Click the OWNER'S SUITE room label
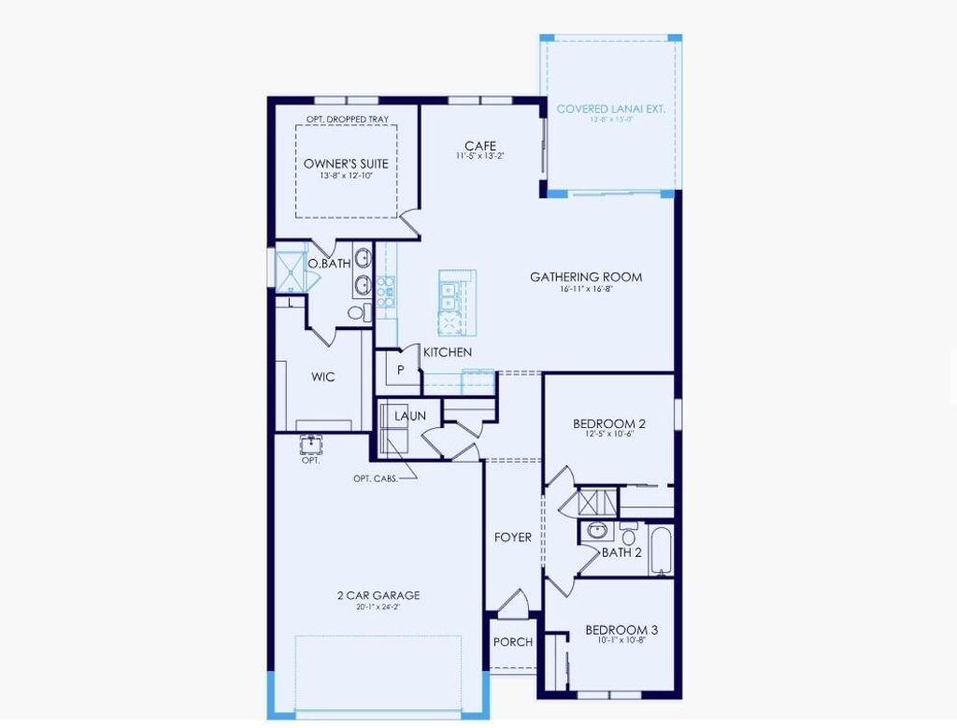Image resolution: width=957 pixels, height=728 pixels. pyautogui.click(x=346, y=164)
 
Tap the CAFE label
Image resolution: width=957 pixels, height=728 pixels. pyautogui.click(x=480, y=146)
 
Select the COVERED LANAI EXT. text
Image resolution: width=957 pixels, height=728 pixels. pyautogui.click(x=610, y=108)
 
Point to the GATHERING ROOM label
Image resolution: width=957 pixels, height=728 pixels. pyautogui.click(x=586, y=277)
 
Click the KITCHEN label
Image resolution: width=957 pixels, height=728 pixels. pyautogui.click(x=448, y=352)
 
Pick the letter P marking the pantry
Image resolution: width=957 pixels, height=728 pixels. pyautogui.click(x=400, y=370)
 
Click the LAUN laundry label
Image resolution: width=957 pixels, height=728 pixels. pyautogui.click(x=409, y=415)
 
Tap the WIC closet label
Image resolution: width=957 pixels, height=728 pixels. pyautogui.click(x=323, y=377)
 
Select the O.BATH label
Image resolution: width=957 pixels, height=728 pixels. pyautogui.click(x=329, y=264)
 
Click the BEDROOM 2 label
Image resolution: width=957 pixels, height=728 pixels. pyautogui.click(x=609, y=423)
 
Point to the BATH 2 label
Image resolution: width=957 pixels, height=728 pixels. pyautogui.click(x=621, y=552)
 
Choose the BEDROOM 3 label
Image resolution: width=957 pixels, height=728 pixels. pyautogui.click(x=621, y=630)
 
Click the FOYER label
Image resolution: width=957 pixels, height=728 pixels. pyautogui.click(x=513, y=537)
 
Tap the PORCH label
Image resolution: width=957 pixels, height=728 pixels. pyautogui.click(x=513, y=642)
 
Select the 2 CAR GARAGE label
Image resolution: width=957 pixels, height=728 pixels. pyautogui.click(x=379, y=595)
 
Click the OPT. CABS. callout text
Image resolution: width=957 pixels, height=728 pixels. pyautogui.click(x=375, y=478)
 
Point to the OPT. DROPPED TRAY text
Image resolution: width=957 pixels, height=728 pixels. pyautogui.click(x=347, y=120)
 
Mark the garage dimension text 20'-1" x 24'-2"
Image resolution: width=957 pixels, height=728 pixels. pyautogui.click(x=379, y=607)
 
